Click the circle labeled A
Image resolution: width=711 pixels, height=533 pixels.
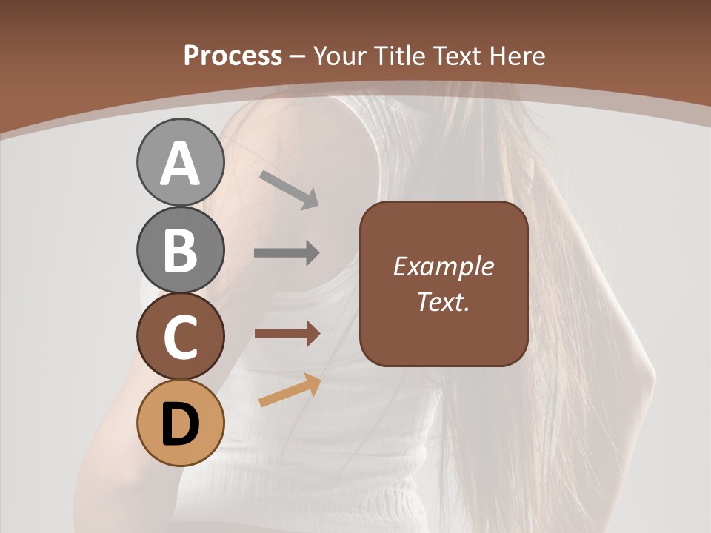(181, 162)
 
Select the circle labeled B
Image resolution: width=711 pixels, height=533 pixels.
(181, 249)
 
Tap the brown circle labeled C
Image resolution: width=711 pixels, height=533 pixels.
(181, 336)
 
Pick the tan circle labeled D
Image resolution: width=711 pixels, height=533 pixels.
(181, 423)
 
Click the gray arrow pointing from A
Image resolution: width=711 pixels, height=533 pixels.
(289, 189)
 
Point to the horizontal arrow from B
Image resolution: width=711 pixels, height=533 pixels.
(287, 253)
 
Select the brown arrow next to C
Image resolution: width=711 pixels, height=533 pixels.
(287, 333)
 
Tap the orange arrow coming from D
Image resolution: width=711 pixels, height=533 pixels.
(290, 390)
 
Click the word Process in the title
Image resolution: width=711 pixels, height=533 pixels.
(233, 56)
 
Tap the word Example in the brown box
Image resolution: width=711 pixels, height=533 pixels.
(443, 266)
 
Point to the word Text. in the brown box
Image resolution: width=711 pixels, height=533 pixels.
(443, 302)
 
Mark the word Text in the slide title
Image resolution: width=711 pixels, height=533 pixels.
(458, 56)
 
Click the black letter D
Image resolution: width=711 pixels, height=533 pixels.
(181, 426)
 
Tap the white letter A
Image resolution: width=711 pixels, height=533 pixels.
(181, 164)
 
